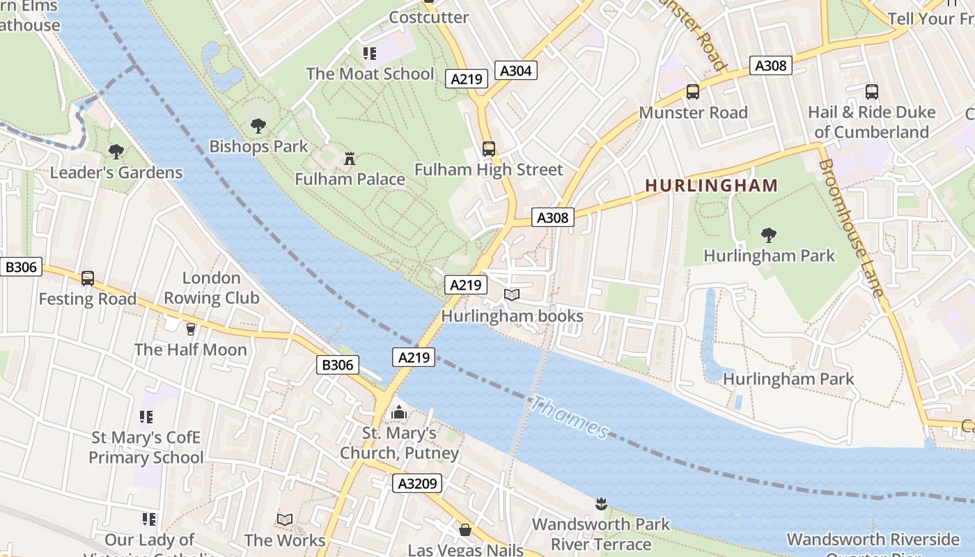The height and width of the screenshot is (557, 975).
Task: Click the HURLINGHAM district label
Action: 711,185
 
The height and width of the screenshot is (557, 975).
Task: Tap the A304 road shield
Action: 516,70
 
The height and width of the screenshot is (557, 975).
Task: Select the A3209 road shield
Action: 416,483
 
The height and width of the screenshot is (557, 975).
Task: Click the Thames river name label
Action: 570,418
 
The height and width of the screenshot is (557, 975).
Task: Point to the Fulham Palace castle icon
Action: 350,159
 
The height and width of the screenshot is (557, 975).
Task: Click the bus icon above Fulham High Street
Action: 489,148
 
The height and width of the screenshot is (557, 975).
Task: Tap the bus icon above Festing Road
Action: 88,278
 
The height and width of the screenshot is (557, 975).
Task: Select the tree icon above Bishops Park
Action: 258,126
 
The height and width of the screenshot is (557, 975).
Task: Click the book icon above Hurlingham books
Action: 512,295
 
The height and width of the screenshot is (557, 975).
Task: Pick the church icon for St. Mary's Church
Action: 399,412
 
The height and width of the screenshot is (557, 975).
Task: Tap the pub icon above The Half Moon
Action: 191,329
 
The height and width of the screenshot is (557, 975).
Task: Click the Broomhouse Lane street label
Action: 851,228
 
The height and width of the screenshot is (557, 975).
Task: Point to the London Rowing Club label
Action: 211,288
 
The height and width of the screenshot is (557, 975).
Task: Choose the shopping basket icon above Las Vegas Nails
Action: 465,531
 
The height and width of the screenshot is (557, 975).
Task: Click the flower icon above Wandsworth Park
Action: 601,503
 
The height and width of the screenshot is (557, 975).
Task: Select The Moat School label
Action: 370,74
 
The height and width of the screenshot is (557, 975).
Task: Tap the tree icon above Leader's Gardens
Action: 116,151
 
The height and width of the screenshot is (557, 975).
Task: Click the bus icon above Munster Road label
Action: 693,91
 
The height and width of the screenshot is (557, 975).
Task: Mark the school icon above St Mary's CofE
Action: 146,417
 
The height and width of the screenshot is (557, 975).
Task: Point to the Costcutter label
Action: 428,17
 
